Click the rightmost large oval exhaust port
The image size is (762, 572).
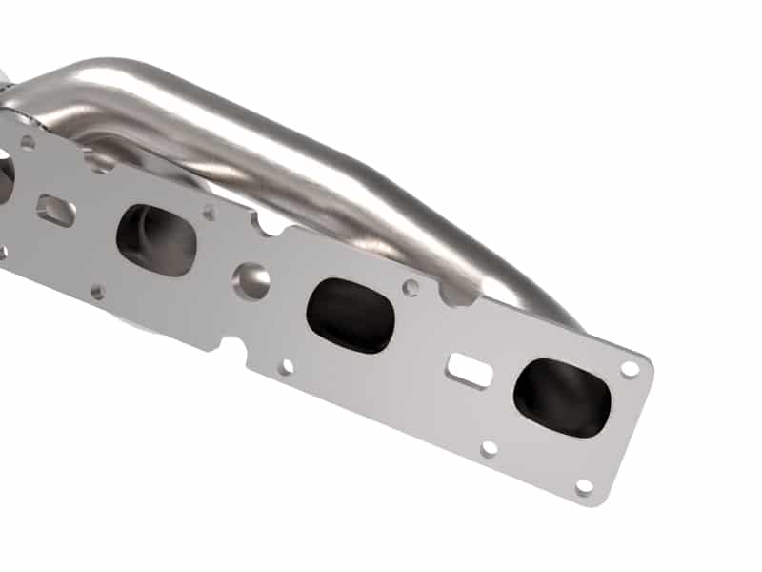point(561,398)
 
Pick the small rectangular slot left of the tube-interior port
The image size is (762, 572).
point(56,210)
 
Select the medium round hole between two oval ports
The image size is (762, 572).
point(252,278)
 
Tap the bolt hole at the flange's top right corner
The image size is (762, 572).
point(630,368)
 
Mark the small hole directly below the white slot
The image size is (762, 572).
point(490,448)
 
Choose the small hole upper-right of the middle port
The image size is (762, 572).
point(411,287)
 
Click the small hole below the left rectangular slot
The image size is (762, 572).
point(98,291)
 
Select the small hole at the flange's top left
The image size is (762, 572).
point(28,143)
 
